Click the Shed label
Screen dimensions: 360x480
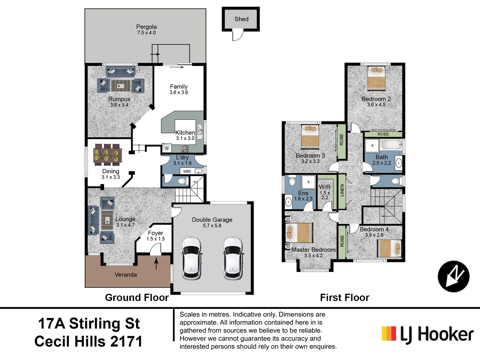click(x=241, y=19)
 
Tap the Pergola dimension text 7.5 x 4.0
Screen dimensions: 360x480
click(x=146, y=33)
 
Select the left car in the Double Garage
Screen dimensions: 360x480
click(x=191, y=258)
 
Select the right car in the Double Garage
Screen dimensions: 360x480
click(x=233, y=258)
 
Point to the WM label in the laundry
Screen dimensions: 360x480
click(x=187, y=171)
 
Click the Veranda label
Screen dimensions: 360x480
click(x=126, y=275)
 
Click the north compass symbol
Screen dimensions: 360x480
click(x=454, y=276)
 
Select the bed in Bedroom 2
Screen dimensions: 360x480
click(x=376, y=79)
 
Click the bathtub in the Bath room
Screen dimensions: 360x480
click(x=391, y=145)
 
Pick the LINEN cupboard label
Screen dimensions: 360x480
click(x=342, y=191)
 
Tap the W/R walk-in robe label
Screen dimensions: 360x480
click(x=325, y=187)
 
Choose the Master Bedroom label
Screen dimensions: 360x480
click(x=313, y=250)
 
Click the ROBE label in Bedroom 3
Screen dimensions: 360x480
click(x=342, y=140)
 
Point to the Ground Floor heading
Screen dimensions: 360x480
click(x=137, y=297)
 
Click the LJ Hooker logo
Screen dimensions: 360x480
click(x=428, y=334)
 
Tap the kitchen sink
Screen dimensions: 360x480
click(x=200, y=130)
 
